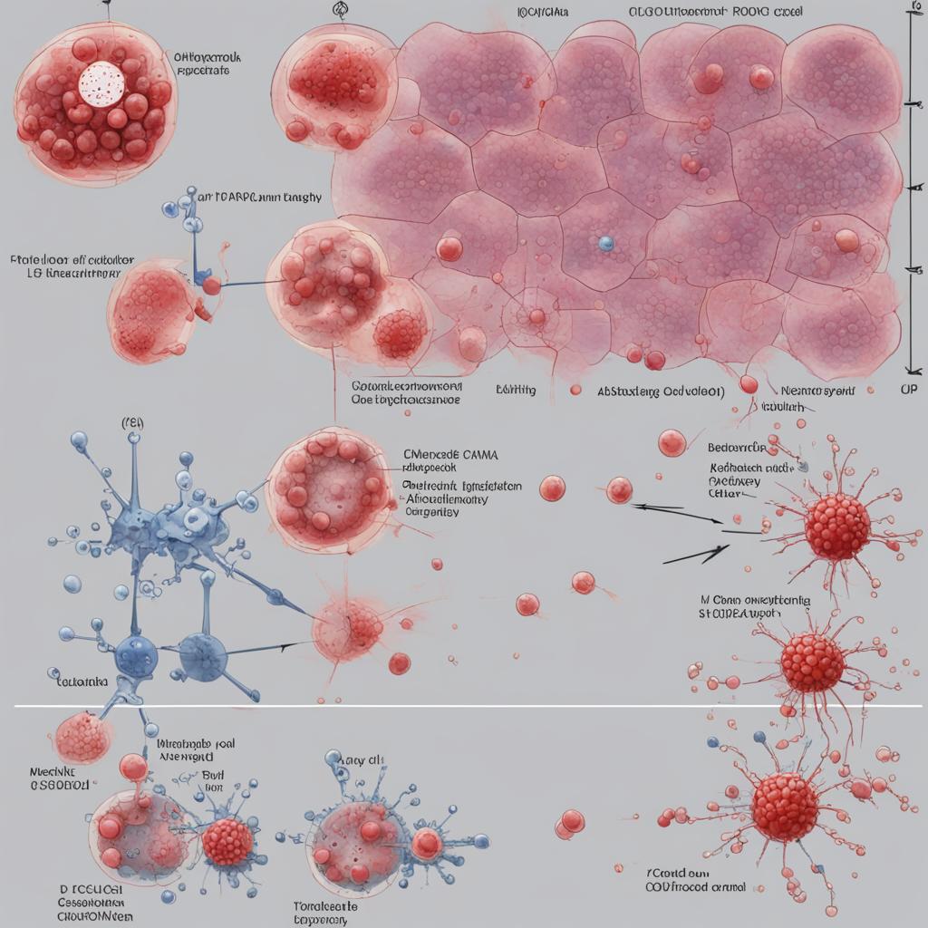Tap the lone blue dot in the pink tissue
coord(606,243)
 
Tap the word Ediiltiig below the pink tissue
coord(516,390)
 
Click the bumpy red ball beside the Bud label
coord(227,842)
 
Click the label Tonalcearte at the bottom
coord(325,905)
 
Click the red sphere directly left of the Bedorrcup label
coord(672,442)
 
